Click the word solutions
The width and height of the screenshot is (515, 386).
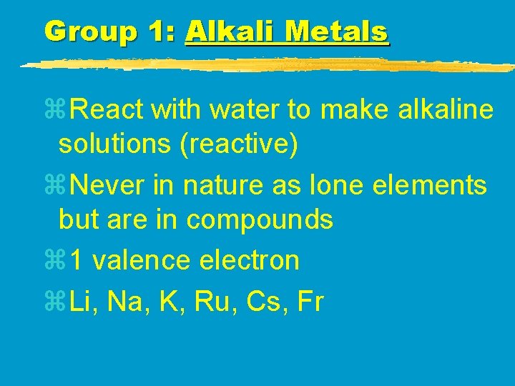coord(114,144)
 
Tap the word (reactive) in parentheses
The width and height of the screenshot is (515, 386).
coord(238,144)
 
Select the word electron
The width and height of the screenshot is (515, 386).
coord(249,260)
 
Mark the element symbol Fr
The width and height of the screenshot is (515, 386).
coord(309,302)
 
